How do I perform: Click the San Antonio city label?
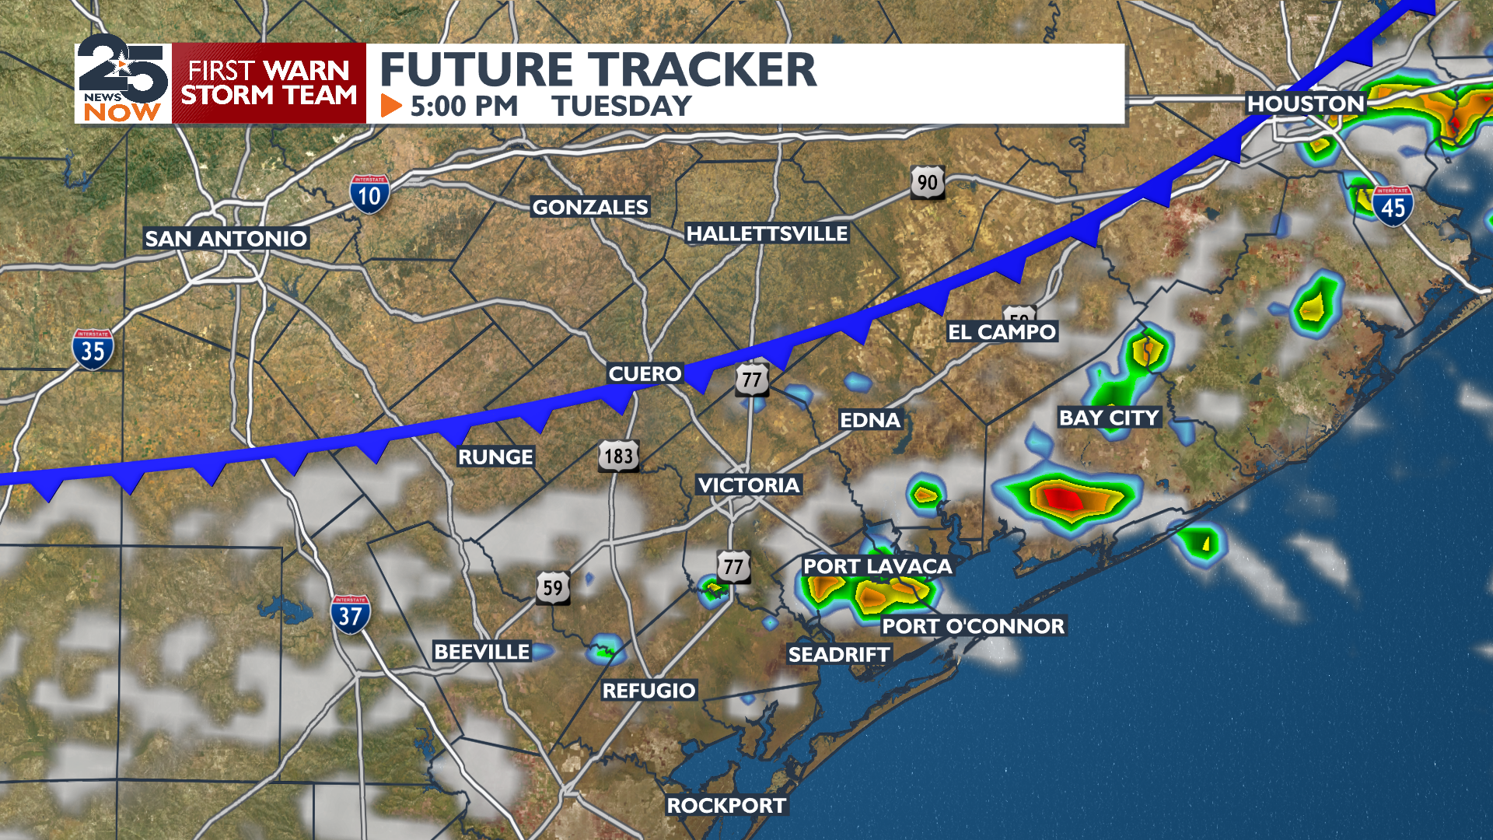pyautogui.click(x=226, y=239)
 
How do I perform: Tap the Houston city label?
pyautogui.click(x=1306, y=103)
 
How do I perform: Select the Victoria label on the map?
pyautogui.click(x=748, y=485)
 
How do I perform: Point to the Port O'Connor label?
pyautogui.click(x=973, y=626)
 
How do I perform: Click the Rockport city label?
pyautogui.click(x=726, y=806)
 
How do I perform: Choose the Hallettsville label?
pyautogui.click(x=767, y=233)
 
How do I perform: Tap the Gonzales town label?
pyautogui.click(x=590, y=207)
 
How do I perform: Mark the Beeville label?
pyautogui.click(x=481, y=652)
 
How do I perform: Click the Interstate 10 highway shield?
pyautogui.click(x=369, y=194)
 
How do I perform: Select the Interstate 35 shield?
pyautogui.click(x=93, y=349)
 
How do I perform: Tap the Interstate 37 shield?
pyautogui.click(x=350, y=614)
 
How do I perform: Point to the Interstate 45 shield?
pyautogui.click(x=1392, y=206)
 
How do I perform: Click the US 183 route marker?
pyautogui.click(x=619, y=456)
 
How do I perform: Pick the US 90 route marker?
pyautogui.click(x=927, y=183)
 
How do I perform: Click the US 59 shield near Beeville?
pyautogui.click(x=553, y=588)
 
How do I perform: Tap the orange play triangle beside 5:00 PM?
pyautogui.click(x=390, y=106)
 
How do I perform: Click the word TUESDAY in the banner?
pyautogui.click(x=621, y=106)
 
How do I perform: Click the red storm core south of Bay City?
pyautogui.click(x=1062, y=498)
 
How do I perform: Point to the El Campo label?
pyautogui.click(x=1002, y=332)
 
